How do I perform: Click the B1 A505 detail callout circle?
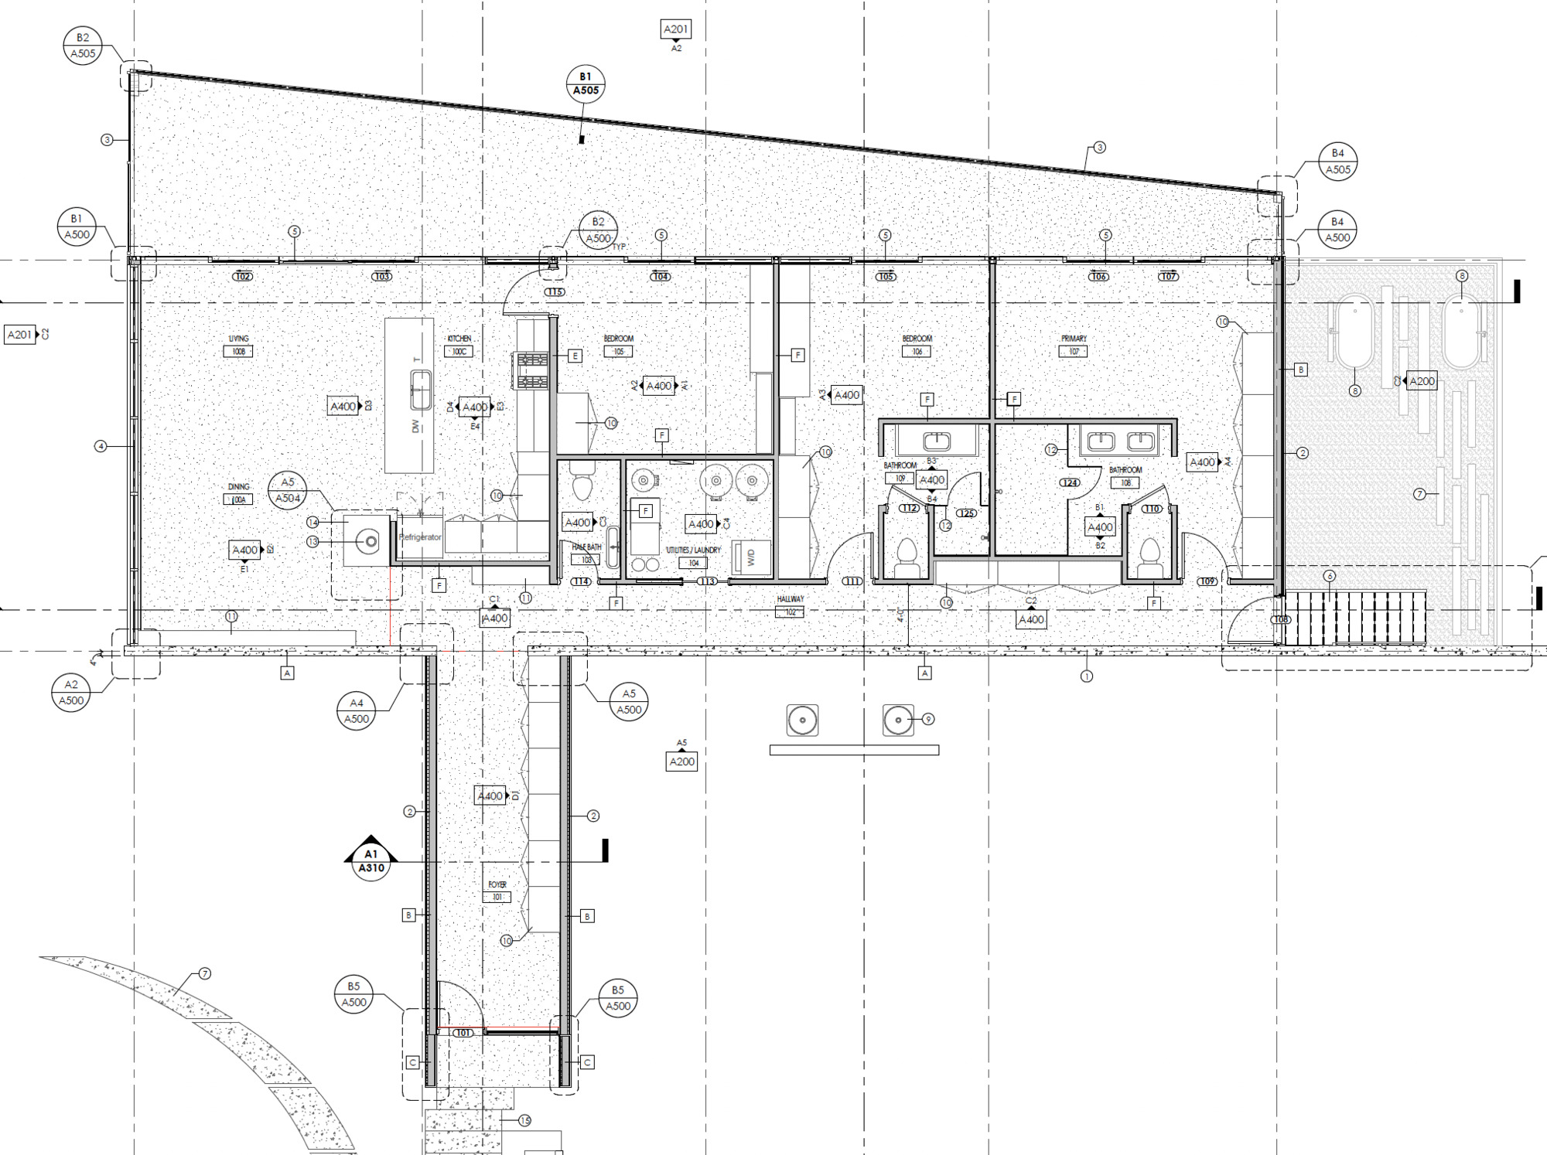tap(586, 83)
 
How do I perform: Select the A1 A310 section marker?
tap(371, 860)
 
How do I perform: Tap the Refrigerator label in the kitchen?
tap(420, 537)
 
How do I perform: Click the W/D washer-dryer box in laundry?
tap(750, 557)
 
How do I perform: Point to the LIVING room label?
tap(238, 339)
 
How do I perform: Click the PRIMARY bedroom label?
tap(1074, 339)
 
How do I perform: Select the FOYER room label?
tap(497, 884)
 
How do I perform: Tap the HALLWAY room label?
tap(791, 599)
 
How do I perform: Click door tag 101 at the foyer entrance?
tap(463, 1033)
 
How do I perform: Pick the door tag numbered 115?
tap(555, 292)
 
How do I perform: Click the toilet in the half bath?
tap(582, 488)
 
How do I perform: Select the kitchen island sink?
tap(421, 390)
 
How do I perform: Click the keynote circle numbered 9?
tap(928, 719)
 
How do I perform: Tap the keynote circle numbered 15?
tap(524, 1120)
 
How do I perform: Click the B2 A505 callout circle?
tap(83, 46)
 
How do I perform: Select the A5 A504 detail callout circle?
tap(288, 490)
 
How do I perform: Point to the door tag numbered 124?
tap(1070, 482)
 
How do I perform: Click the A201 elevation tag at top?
tap(675, 29)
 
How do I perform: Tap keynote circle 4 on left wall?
tap(101, 446)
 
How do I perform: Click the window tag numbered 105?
tap(886, 277)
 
